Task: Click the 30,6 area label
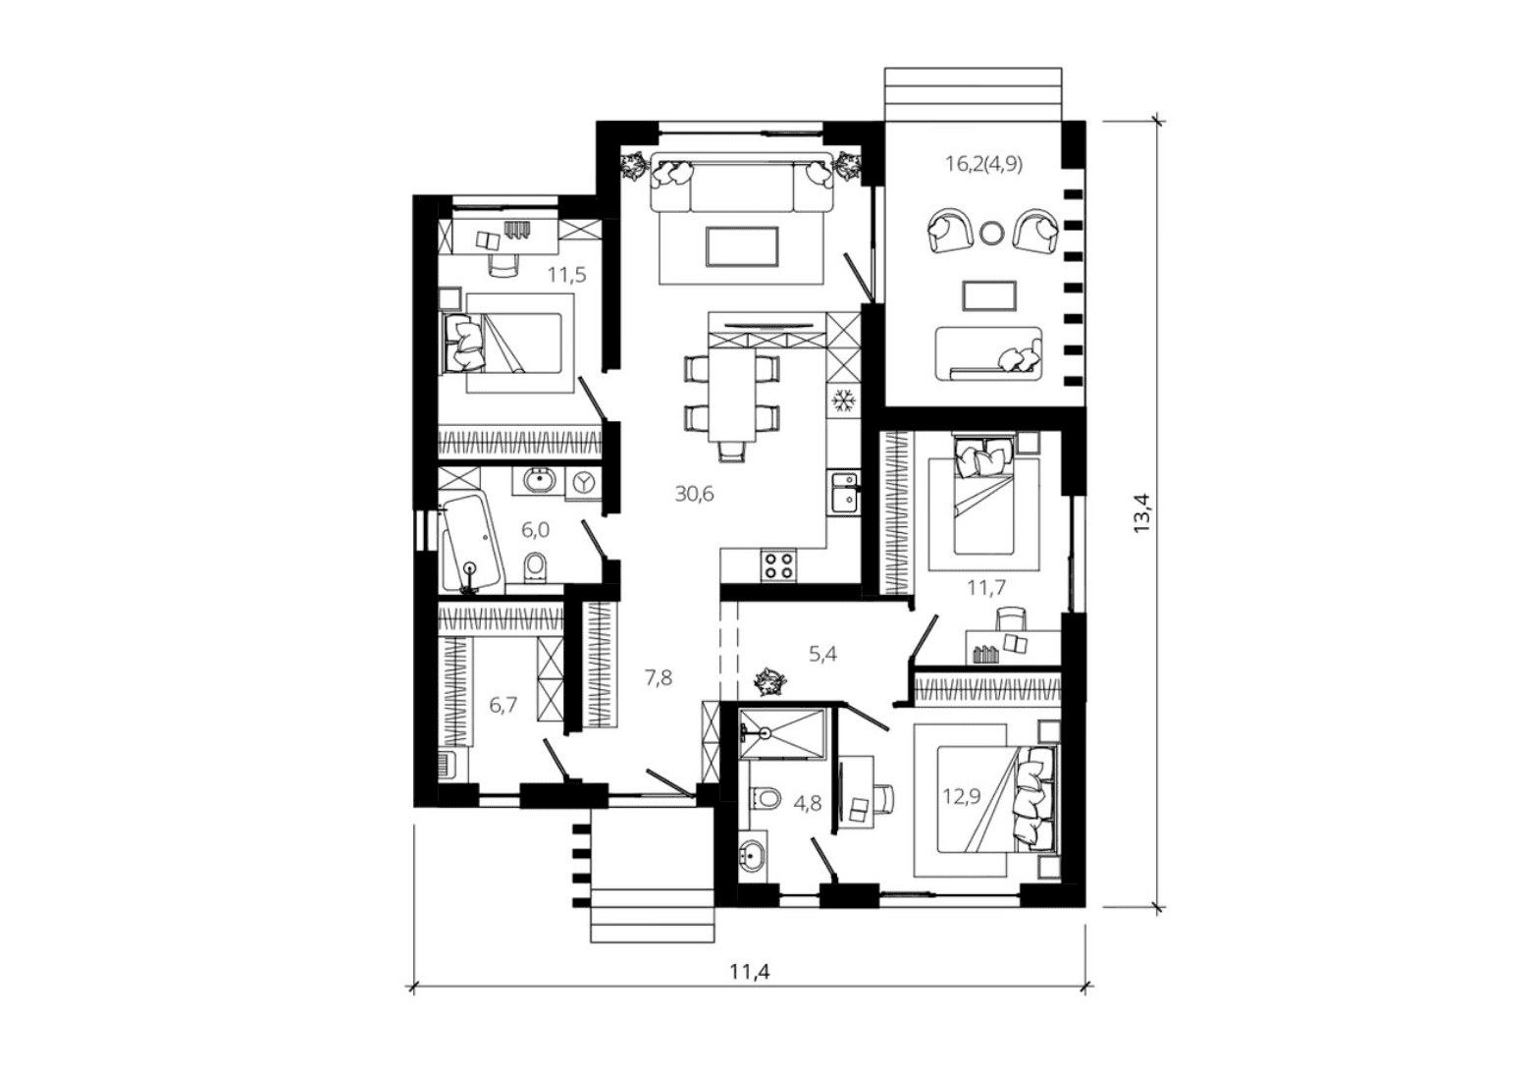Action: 694,494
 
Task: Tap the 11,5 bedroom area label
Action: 566,275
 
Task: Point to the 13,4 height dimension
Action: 1142,513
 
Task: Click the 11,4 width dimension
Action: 750,972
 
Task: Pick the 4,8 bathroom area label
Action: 808,803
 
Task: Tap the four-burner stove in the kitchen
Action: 778,566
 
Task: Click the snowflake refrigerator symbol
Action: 842,400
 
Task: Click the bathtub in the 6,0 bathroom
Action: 471,544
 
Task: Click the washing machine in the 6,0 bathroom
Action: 584,483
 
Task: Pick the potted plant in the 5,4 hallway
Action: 769,681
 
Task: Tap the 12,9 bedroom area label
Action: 962,797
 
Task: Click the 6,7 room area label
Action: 503,706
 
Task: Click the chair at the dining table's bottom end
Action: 731,451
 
